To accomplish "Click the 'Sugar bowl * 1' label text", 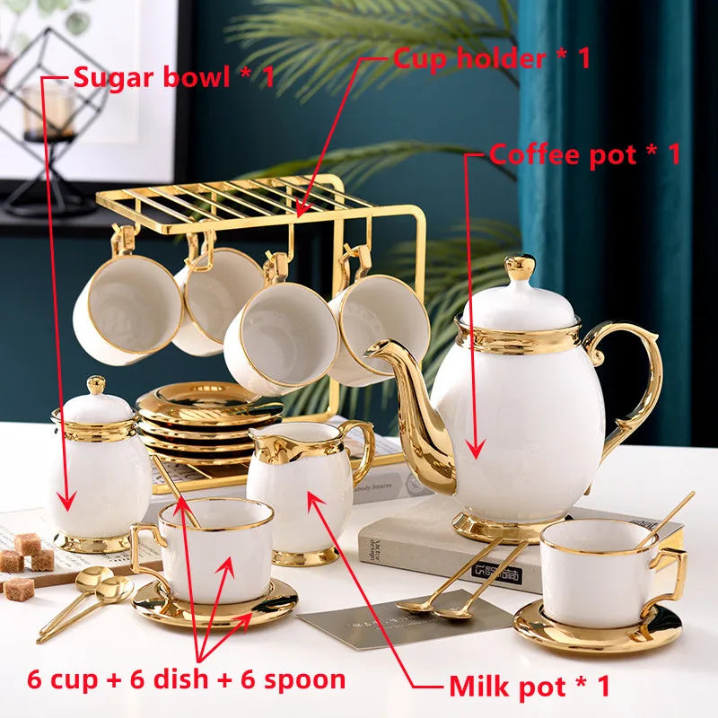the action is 173,76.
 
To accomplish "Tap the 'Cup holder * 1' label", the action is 492,58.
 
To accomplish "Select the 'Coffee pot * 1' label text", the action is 585,153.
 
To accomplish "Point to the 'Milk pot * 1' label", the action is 530,686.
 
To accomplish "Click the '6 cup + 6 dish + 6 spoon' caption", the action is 187,679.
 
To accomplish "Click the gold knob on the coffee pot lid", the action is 520,267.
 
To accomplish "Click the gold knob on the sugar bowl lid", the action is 96,385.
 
